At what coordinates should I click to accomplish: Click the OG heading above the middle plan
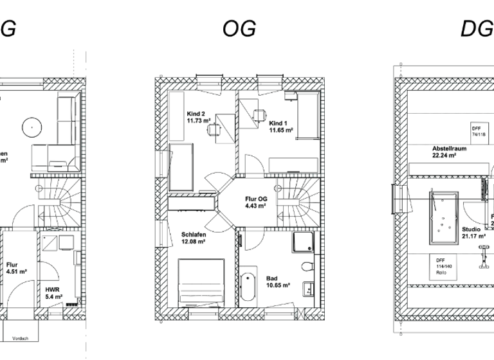[x=239, y=28]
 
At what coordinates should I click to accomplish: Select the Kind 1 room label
[x=281, y=127]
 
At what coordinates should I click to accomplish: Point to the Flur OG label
[x=255, y=203]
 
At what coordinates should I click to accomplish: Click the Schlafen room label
[x=192, y=238]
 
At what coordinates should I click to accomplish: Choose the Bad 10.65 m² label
[x=278, y=282]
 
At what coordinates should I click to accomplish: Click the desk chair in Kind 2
[x=214, y=130]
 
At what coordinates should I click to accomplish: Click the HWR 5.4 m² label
[x=53, y=293]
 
